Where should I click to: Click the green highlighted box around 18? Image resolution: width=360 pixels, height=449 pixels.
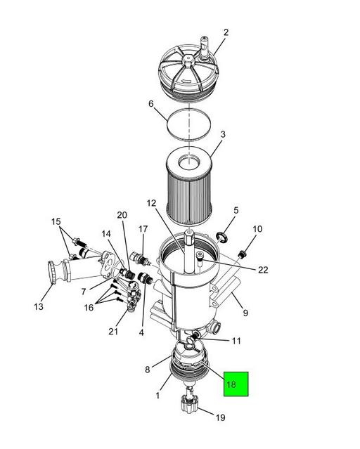[236, 384]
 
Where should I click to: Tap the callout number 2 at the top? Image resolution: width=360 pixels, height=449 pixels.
[226, 32]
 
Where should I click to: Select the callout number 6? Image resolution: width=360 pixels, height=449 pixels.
[151, 103]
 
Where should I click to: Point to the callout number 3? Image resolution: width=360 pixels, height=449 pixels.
[223, 134]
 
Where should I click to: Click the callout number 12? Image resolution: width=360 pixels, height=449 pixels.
[151, 203]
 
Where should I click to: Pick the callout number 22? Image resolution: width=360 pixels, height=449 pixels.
[263, 270]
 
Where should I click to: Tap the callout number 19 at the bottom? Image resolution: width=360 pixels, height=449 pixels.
[220, 417]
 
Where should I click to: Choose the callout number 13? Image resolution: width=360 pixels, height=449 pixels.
[39, 306]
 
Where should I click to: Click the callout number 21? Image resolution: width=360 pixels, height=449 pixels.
[113, 332]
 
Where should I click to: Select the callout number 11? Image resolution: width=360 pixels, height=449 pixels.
[236, 341]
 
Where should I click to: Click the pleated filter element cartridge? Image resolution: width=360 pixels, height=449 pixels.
[189, 186]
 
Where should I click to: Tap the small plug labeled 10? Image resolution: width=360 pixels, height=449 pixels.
[243, 254]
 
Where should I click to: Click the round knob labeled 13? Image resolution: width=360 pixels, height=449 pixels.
[52, 272]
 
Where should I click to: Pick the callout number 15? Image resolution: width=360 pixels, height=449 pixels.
[56, 221]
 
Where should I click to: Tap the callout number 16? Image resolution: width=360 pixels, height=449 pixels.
[89, 308]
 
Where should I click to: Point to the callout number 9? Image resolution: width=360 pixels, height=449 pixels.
[245, 313]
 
